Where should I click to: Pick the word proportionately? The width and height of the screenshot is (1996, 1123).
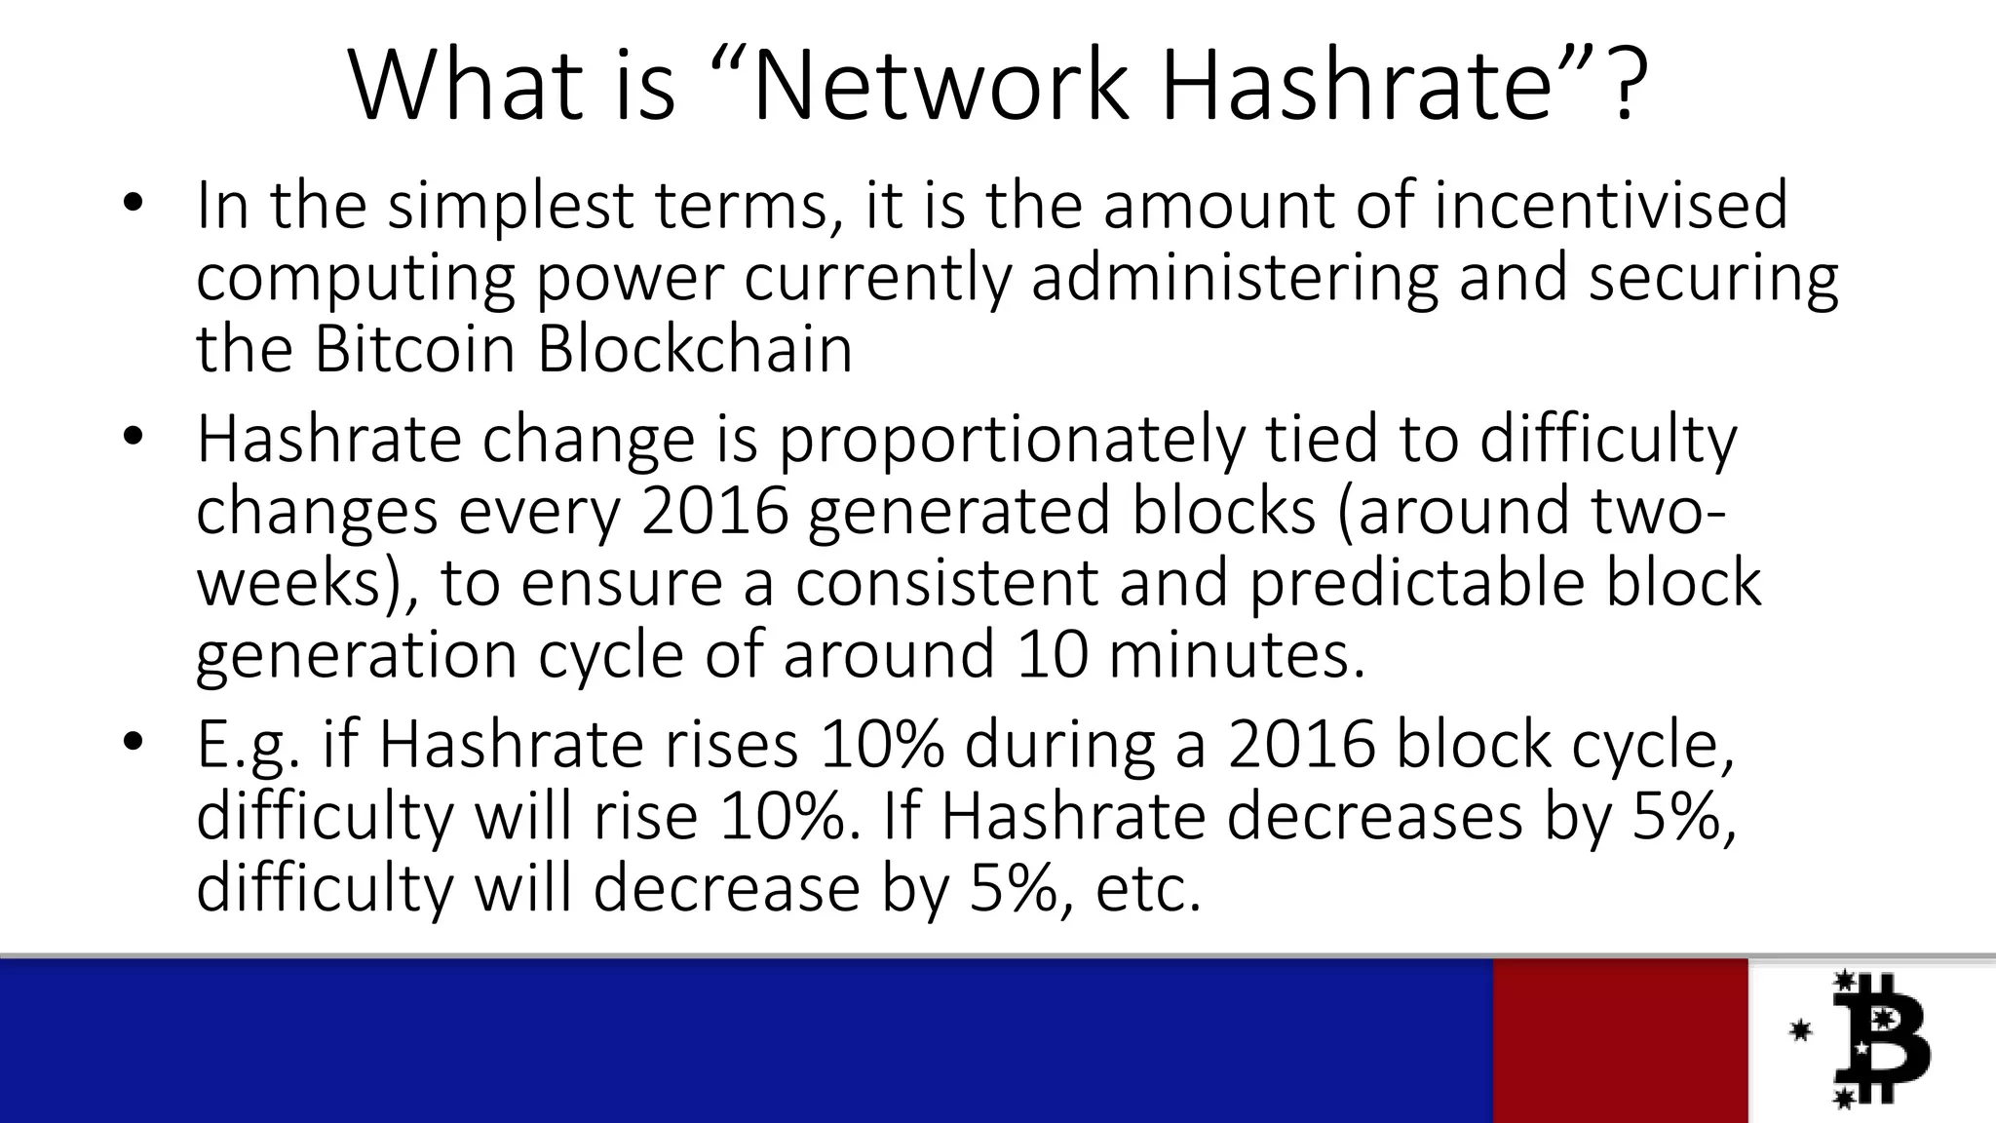pos(1011,441)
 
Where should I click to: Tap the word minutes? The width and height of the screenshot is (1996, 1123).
pos(1237,654)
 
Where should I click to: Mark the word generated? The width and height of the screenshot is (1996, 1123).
pos(959,512)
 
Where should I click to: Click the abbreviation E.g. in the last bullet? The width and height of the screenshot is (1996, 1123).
pos(249,747)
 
